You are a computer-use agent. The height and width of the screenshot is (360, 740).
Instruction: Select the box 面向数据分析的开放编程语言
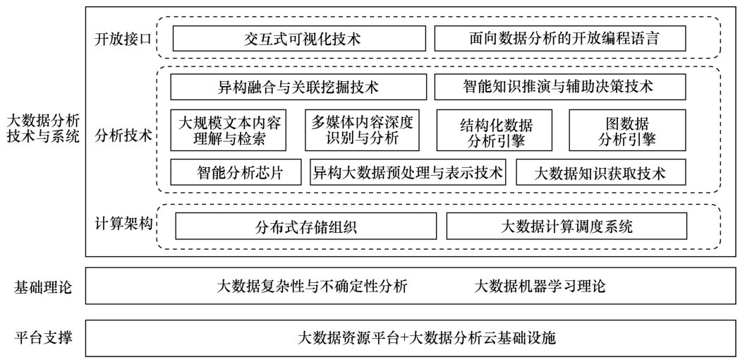(x=559, y=38)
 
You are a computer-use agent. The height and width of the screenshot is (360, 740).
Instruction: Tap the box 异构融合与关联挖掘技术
(x=298, y=88)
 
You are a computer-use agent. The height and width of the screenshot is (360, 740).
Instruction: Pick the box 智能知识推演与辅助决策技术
(x=559, y=88)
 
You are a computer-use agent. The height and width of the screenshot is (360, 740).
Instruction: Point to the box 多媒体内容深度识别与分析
(x=362, y=131)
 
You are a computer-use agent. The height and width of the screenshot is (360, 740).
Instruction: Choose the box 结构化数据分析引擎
(x=495, y=131)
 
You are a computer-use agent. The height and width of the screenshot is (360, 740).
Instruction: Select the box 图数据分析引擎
(x=627, y=131)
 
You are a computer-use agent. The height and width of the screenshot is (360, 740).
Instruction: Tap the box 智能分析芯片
(x=236, y=172)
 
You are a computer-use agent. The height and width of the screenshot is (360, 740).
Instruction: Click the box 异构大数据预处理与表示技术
(x=408, y=172)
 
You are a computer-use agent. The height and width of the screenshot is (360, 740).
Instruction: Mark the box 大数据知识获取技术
(x=601, y=172)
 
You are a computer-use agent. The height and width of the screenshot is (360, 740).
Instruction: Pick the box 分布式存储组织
(x=306, y=227)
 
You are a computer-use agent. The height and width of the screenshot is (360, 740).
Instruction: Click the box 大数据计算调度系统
(x=566, y=227)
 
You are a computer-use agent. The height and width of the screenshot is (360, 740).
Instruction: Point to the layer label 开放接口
(x=123, y=38)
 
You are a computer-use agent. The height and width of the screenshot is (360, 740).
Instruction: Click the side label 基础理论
(x=43, y=287)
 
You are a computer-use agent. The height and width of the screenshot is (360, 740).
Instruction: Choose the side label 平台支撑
(x=43, y=338)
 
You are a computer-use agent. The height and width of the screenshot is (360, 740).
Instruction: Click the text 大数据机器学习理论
(x=540, y=287)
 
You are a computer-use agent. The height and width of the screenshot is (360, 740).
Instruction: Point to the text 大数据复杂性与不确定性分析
(x=312, y=287)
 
